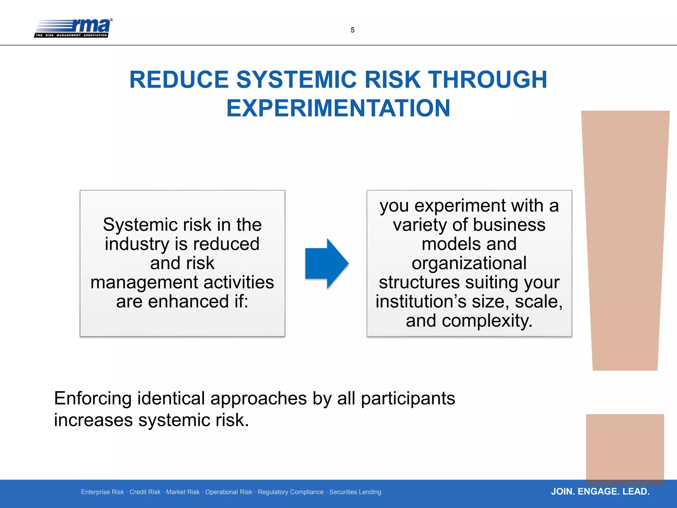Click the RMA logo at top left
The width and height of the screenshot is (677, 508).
[73, 28]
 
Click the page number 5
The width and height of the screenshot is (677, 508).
[352, 30]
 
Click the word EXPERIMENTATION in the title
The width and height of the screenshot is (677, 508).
[338, 108]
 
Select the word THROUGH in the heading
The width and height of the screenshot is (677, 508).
[488, 80]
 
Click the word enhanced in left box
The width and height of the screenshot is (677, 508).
[188, 301]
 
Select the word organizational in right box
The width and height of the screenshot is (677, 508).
[469, 263]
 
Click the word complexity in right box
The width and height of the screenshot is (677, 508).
[487, 321]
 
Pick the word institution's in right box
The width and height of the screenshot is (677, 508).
[421, 302]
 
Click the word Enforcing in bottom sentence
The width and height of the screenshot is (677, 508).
[93, 398]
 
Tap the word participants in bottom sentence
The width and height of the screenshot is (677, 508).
[408, 399]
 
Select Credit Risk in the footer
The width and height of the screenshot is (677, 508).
[145, 492]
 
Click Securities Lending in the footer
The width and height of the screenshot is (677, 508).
[355, 492]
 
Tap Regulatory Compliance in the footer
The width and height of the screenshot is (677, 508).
[291, 492]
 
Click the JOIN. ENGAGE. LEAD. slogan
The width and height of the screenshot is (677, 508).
[600, 491]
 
